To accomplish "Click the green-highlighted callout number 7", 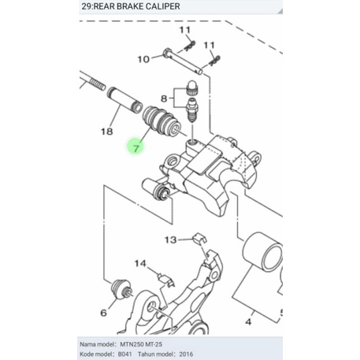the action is click(x=136, y=148).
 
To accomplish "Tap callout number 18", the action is click(x=107, y=132).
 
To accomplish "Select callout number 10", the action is click(x=143, y=59).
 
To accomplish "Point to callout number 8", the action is click(x=164, y=98).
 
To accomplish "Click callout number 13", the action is click(x=170, y=239).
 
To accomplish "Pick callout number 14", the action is click(x=140, y=263).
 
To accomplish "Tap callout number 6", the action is click(x=104, y=313).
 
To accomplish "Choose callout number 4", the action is click(x=248, y=321).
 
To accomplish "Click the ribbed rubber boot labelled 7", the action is click(x=161, y=121).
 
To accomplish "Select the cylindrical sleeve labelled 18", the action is click(x=124, y=100).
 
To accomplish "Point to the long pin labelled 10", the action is click(x=183, y=60).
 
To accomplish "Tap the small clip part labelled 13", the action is click(x=199, y=238).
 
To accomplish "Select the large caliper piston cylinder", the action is click(x=262, y=251).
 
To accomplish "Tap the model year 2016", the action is click(x=186, y=354).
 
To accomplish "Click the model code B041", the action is click(x=125, y=354).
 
